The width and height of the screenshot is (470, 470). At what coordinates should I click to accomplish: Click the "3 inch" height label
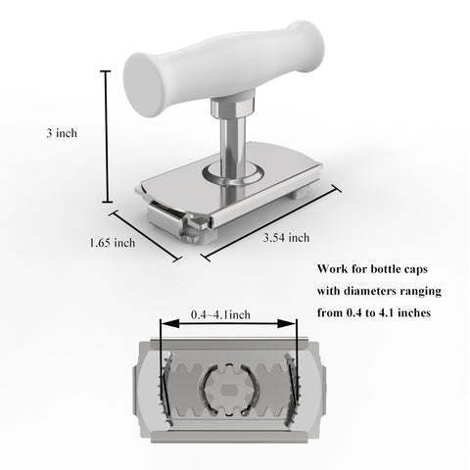pos(62,133)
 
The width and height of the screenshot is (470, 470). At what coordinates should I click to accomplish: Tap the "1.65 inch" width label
pos(113,243)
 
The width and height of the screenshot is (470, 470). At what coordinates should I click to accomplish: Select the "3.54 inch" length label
pos(287,237)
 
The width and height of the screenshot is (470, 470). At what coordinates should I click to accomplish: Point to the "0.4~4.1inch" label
pos(220,314)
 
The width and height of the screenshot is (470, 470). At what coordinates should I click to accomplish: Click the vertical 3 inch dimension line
pos(107,136)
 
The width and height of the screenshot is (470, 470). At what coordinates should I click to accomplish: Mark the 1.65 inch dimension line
pos(145,236)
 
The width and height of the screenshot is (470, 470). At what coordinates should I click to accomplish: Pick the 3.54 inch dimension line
pos(271,222)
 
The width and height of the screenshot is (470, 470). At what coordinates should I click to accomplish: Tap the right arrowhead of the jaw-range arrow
pos(287,323)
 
